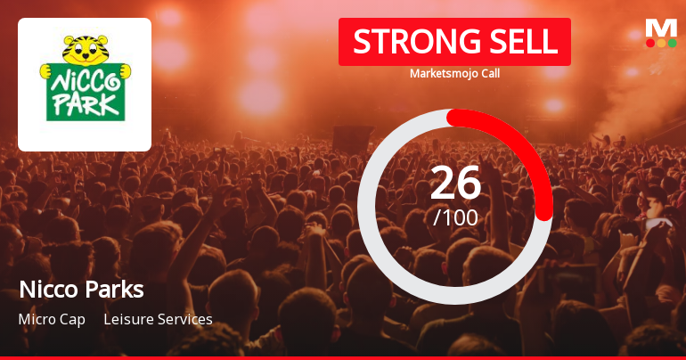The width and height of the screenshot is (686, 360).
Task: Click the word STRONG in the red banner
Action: (x=409, y=41)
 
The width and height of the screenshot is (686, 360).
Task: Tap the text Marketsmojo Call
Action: (x=454, y=74)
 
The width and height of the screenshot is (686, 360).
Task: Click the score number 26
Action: (x=455, y=182)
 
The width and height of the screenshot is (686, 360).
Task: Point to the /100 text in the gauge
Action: (x=455, y=217)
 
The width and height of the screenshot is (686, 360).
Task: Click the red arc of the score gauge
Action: (x=526, y=151)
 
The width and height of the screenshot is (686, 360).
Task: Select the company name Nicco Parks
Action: (x=81, y=290)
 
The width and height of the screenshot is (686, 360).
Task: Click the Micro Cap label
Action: (x=52, y=319)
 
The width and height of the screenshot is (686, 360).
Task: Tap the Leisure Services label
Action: (x=158, y=319)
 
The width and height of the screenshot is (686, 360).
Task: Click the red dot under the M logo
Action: (x=650, y=43)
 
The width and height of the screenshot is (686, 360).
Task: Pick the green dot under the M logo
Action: (x=671, y=43)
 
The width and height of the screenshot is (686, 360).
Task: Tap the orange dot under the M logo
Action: (x=661, y=43)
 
